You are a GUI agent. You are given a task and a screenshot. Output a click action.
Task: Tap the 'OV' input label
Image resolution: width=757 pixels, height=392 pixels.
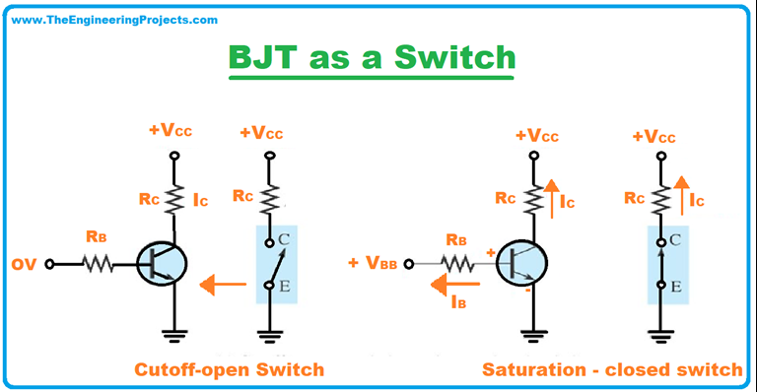click(x=24, y=264)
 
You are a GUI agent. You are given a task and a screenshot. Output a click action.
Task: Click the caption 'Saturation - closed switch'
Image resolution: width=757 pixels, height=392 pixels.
click(x=612, y=369)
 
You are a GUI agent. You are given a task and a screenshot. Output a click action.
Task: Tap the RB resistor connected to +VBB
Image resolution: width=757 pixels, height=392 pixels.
click(x=458, y=263)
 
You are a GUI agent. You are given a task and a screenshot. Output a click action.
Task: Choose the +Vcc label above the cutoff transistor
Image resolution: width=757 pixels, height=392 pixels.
click(x=172, y=132)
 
